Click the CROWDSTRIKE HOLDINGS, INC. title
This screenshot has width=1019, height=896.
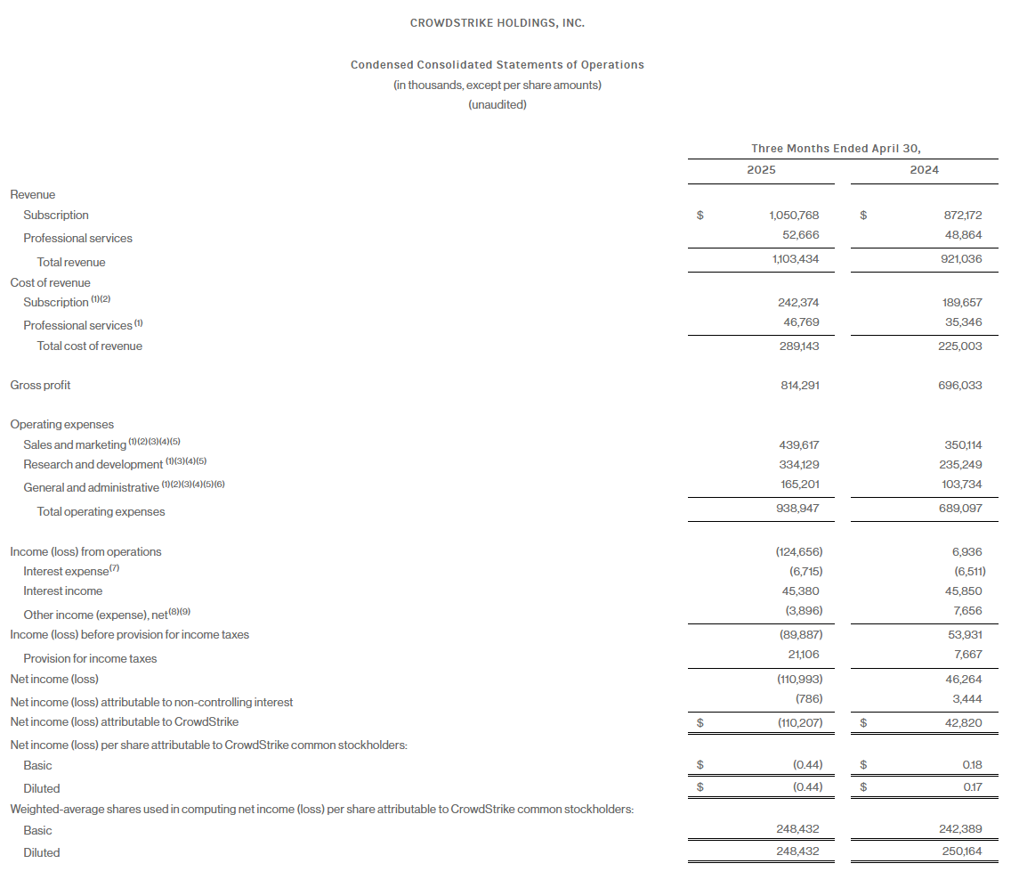click(497, 23)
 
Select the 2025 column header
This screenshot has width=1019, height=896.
click(761, 170)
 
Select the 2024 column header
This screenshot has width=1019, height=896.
click(924, 170)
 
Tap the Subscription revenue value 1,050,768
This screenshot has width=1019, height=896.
click(794, 216)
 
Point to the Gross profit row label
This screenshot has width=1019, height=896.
click(40, 386)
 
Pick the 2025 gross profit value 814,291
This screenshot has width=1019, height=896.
click(798, 386)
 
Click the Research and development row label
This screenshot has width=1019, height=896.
click(93, 465)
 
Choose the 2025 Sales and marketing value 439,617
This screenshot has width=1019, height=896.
click(798, 444)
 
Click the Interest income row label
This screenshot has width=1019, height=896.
click(62, 591)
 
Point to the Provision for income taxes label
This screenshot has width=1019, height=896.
click(90, 659)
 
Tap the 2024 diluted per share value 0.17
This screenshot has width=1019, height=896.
click(972, 787)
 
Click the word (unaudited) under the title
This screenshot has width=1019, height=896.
click(497, 105)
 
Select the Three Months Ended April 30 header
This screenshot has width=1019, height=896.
click(835, 149)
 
